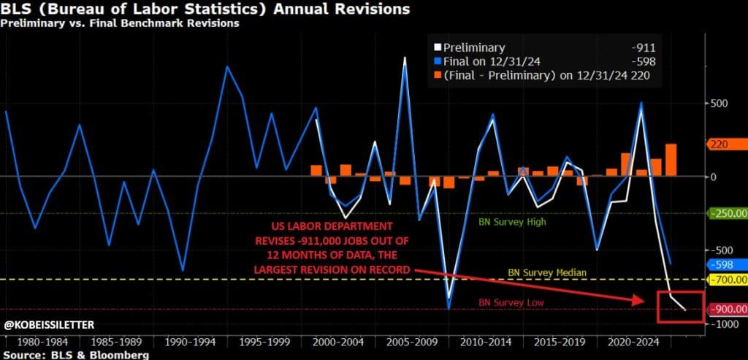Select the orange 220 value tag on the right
722,145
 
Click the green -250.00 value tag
727,213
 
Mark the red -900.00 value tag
727,309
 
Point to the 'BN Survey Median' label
548,272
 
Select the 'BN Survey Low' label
511,302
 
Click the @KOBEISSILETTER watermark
49,324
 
